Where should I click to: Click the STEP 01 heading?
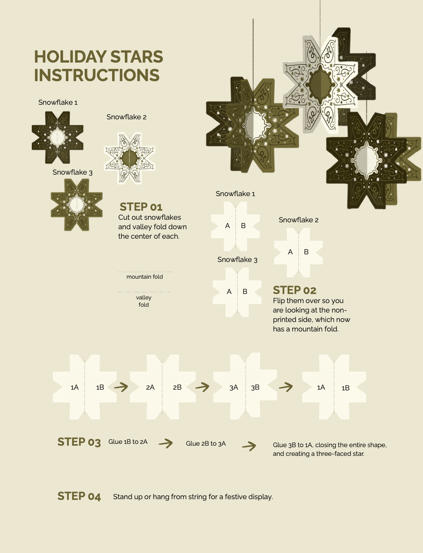(141, 207)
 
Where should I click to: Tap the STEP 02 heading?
(294, 290)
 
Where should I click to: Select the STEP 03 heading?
(79, 442)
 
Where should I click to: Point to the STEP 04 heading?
(79, 496)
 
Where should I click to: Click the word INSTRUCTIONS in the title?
(97, 75)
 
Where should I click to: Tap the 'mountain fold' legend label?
(145, 277)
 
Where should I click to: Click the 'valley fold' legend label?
(144, 301)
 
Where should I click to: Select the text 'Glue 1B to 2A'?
(128, 442)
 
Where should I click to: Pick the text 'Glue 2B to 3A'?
(206, 443)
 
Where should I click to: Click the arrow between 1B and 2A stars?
(121, 387)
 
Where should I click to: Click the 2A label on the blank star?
(150, 387)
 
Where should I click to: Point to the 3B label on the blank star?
(255, 387)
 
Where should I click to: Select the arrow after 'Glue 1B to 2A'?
(166, 443)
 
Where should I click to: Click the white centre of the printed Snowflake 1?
(58, 137)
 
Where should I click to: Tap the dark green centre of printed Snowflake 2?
(129, 158)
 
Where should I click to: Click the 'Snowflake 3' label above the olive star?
(72, 172)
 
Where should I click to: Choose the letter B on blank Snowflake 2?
(306, 252)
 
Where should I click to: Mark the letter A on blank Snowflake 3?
(229, 292)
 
